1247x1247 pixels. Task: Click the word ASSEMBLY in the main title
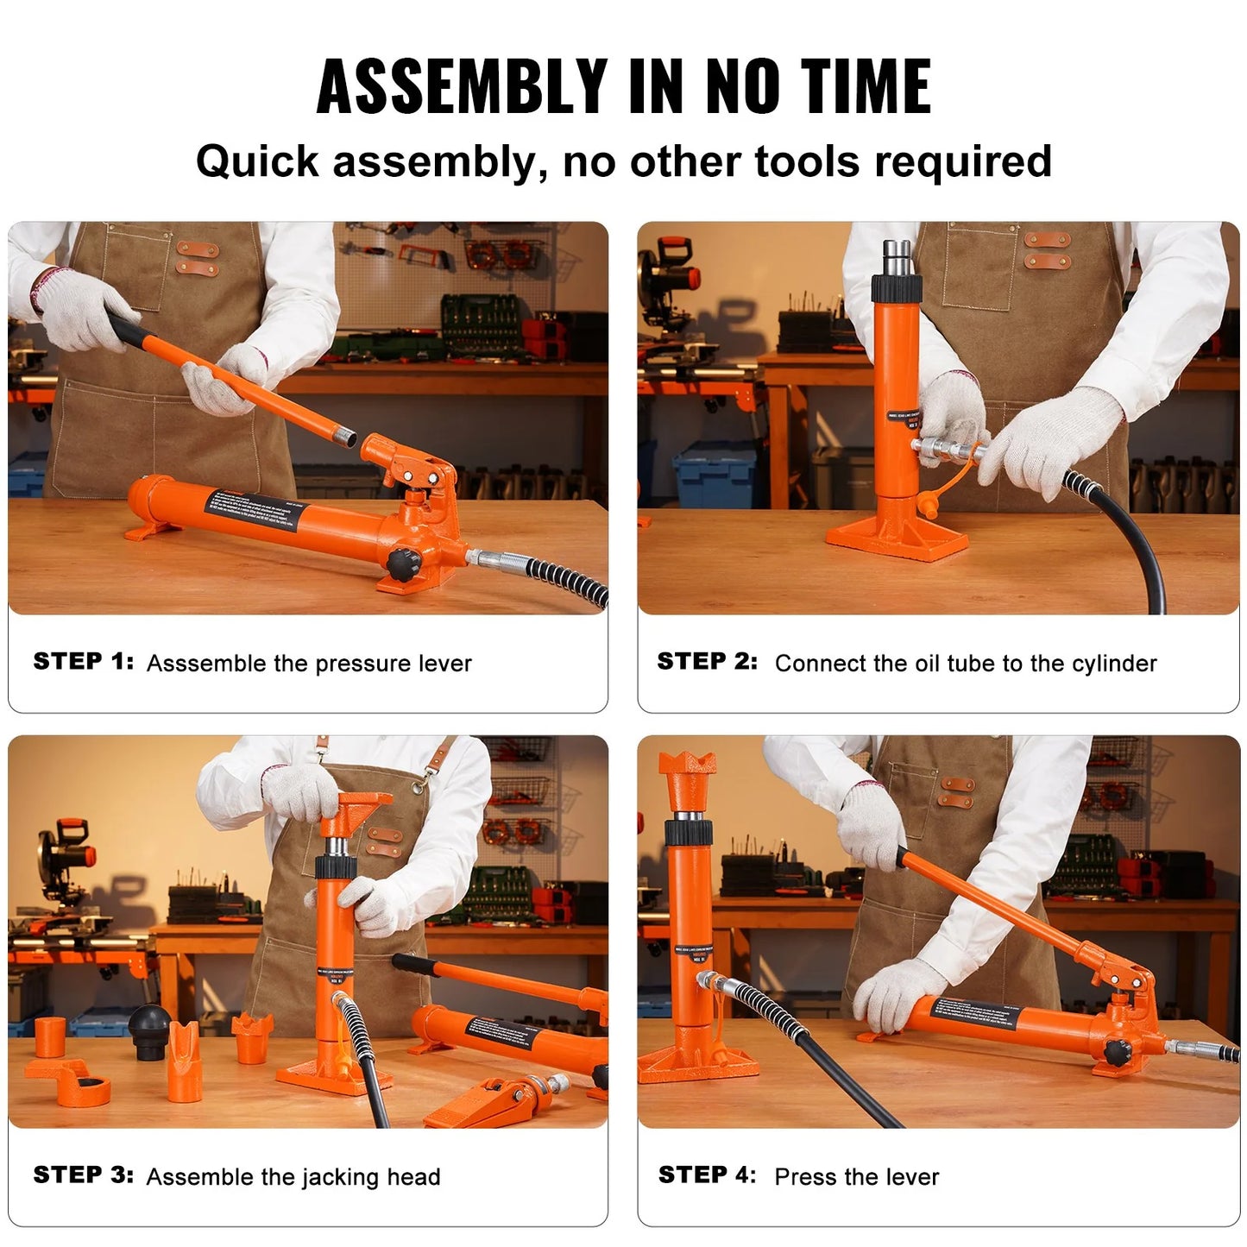click(463, 86)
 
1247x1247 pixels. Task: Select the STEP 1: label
click(84, 662)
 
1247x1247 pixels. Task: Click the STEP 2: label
click(707, 662)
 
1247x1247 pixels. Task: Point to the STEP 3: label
click(84, 1175)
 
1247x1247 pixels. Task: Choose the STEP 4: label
click(707, 1175)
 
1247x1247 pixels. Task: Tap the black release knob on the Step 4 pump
click(1118, 1052)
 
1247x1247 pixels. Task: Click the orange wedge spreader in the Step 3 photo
click(483, 1105)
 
